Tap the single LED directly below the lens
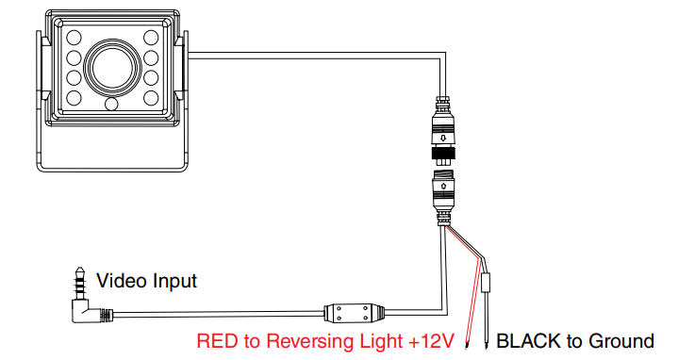point(111,104)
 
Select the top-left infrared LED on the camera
point(74,37)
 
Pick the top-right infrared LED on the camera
point(151,37)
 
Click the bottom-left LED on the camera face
point(74,98)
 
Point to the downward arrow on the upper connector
point(443,139)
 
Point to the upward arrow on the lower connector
point(443,184)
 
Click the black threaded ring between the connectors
point(443,155)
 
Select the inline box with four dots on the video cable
point(354,312)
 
